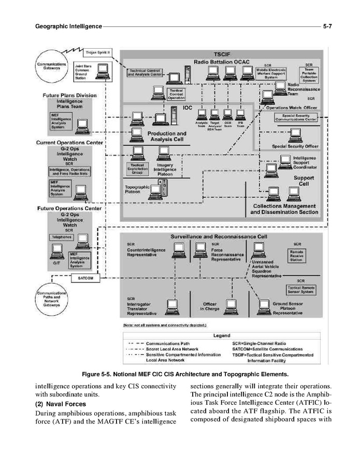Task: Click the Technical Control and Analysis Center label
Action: [x=146, y=73]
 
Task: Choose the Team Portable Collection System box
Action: [x=311, y=74]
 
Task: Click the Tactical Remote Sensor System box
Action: [x=300, y=290]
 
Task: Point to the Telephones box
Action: [x=61, y=237]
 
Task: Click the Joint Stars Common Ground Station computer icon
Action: [x=103, y=70]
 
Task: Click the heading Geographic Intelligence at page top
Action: [x=68, y=25]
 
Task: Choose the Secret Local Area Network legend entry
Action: [x=171, y=349]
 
